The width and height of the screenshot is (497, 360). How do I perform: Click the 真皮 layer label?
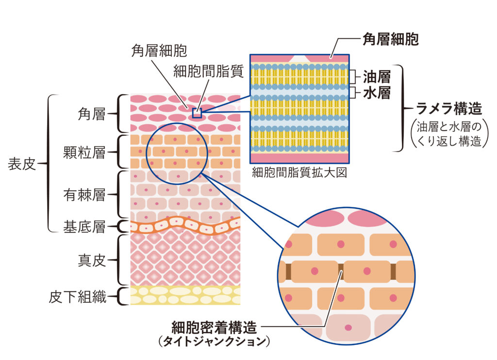pyautogui.click(x=91, y=261)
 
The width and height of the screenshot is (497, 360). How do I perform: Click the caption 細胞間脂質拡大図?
pyautogui.click(x=299, y=173)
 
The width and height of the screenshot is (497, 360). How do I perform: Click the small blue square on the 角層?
pyautogui.click(x=197, y=113)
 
